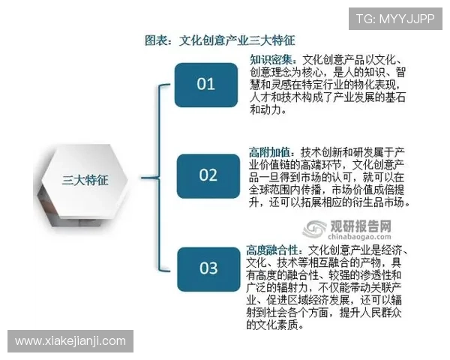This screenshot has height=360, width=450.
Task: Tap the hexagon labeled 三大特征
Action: pyautogui.click(x=85, y=179)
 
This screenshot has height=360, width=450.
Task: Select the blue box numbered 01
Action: pyautogui.click(x=205, y=84)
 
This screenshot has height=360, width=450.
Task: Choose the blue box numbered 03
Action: pyautogui.click(x=208, y=268)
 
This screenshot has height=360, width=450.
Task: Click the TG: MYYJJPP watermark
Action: pyautogui.click(x=394, y=19)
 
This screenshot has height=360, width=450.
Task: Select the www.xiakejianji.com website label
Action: pyautogui.click(x=71, y=341)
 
